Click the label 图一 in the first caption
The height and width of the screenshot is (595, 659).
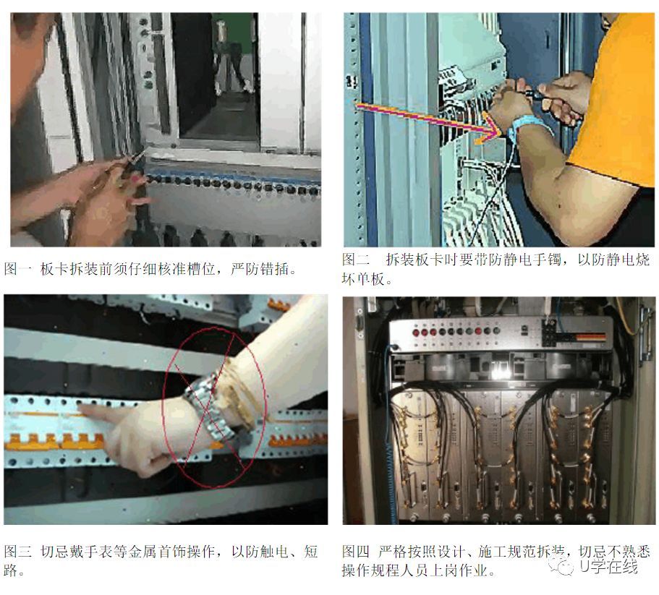[x=17, y=269]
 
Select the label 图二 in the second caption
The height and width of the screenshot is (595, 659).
[x=356, y=260]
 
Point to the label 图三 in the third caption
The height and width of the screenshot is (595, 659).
[x=17, y=551]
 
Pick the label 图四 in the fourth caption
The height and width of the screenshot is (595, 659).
[x=356, y=551]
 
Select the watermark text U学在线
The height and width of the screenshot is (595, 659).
[x=608, y=566]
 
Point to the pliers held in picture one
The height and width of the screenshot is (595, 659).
[x=127, y=165]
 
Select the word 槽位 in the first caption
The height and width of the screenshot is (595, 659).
[x=200, y=269]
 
